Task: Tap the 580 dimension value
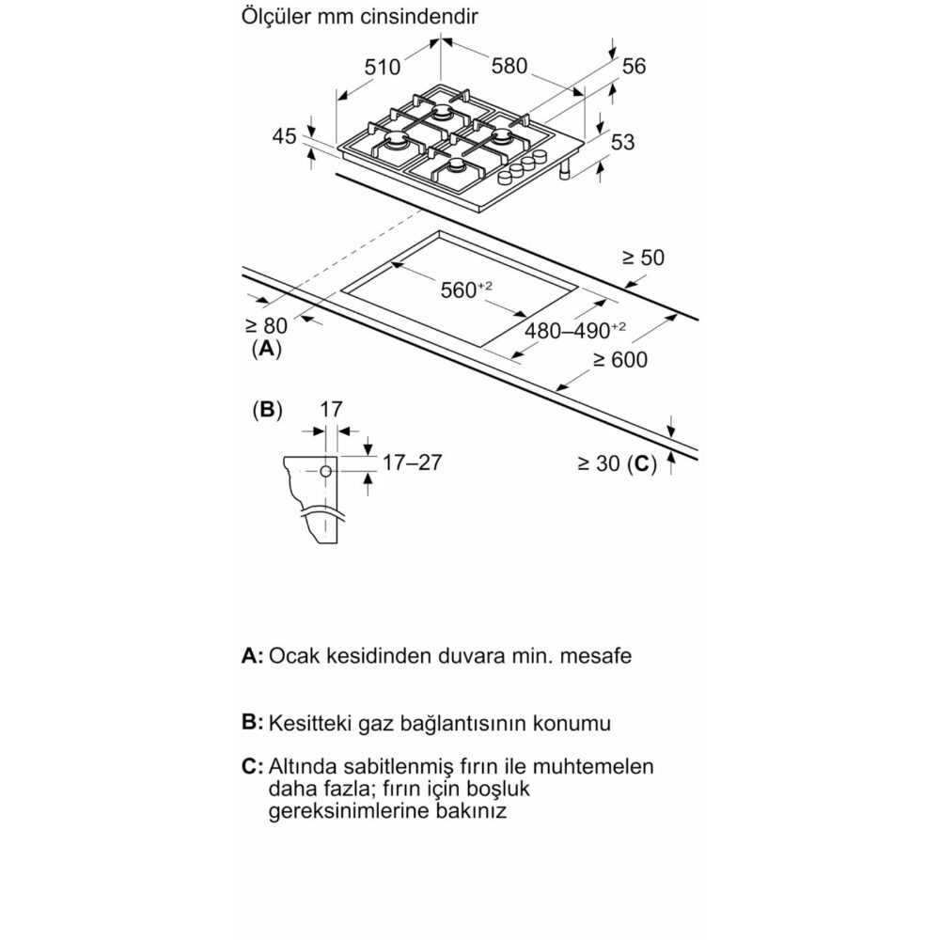pos(509,67)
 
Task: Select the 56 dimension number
pos(634,66)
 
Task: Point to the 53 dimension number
pos(622,142)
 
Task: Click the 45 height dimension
pos(284,136)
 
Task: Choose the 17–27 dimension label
pos(412,462)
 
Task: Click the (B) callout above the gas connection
pos(267,410)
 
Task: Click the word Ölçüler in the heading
pos(274,17)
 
